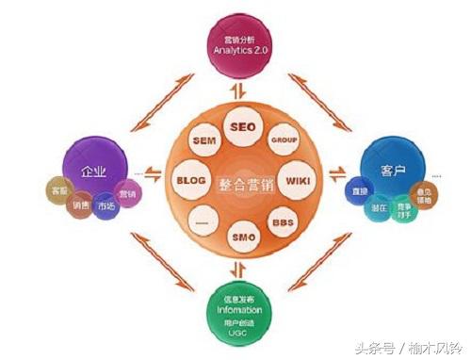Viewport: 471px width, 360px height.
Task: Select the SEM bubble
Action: pyautogui.click(x=203, y=140)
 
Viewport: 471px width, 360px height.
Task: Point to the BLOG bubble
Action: pyautogui.click(x=190, y=180)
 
